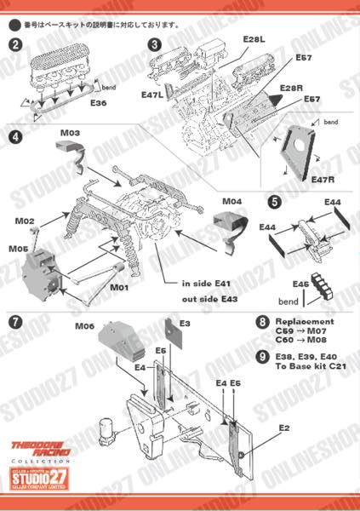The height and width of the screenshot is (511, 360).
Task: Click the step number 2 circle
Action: pos(15,44)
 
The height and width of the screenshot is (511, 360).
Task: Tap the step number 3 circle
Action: pos(154,44)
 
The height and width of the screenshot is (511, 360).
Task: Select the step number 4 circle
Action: pos(15,136)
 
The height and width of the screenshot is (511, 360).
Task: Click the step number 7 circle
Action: pos(15,321)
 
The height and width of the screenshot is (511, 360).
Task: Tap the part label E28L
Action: pos(254,39)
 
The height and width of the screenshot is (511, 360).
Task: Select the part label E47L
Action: pos(153,96)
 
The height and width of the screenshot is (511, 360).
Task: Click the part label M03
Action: pos(70,134)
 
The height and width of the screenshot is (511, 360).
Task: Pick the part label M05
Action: pos(19,249)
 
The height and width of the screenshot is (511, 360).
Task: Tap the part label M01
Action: pos(118,287)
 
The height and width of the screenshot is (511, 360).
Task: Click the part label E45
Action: pos(300,284)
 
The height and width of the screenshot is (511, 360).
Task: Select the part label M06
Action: pos(84,325)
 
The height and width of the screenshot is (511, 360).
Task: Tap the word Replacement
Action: pos(306,321)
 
